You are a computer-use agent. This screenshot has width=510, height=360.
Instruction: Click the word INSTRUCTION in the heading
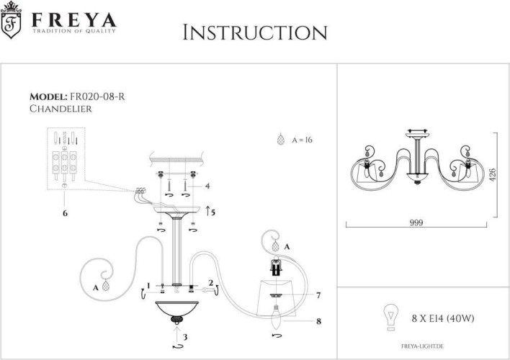coord(255,32)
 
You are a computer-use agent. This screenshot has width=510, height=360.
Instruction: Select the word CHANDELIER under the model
coord(61,109)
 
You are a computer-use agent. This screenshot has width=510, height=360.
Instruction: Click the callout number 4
coord(207,186)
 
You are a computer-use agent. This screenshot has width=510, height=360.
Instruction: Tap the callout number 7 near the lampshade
coord(318,295)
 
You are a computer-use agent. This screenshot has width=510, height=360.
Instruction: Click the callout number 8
coord(318,323)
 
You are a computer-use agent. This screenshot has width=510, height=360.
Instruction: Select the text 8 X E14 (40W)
coord(442,317)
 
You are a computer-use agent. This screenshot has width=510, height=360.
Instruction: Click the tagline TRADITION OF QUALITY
coord(72,32)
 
